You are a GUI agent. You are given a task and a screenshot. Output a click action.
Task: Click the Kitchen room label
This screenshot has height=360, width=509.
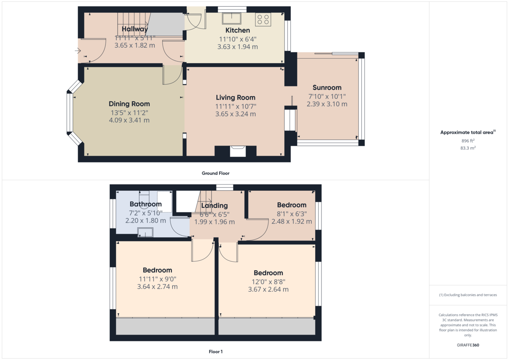[x=238, y=30]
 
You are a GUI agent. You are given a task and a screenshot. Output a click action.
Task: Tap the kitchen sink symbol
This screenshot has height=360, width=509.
[x=232, y=18]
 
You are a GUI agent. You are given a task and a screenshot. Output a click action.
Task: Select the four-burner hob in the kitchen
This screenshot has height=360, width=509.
[x=263, y=20]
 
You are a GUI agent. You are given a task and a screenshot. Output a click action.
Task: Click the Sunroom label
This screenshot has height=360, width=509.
[x=327, y=87]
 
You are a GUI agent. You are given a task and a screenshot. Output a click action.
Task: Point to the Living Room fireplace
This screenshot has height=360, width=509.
[x=238, y=151]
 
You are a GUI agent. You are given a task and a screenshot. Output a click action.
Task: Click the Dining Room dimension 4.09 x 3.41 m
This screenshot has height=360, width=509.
[x=129, y=120]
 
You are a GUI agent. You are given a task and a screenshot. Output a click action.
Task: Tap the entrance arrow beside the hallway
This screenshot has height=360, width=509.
[x=78, y=50]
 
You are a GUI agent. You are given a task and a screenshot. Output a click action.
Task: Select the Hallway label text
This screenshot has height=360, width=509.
[x=135, y=29]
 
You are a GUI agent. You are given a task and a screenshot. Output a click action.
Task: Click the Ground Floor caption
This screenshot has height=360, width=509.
[x=215, y=173]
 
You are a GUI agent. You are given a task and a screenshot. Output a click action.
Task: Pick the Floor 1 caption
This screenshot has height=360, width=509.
[x=215, y=352]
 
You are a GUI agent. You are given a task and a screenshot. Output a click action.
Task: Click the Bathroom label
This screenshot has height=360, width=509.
[x=145, y=204]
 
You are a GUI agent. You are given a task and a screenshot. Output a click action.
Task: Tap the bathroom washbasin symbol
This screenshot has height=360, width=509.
[x=145, y=232]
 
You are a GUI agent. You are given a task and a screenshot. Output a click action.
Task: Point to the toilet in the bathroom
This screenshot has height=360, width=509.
[x=144, y=197]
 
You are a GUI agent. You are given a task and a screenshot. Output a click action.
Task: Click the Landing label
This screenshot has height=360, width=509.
[x=214, y=206]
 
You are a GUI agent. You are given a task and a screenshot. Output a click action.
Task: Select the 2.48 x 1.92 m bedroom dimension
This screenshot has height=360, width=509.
[x=292, y=221]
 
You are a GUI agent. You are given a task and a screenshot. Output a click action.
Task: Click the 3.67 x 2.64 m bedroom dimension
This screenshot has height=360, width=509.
[x=268, y=289]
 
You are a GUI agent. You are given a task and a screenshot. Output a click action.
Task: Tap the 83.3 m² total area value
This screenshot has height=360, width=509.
[x=468, y=148]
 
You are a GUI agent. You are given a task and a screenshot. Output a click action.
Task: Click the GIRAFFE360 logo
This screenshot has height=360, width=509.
[x=468, y=345]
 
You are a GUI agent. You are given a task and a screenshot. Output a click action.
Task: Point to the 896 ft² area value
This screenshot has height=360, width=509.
[x=468, y=141]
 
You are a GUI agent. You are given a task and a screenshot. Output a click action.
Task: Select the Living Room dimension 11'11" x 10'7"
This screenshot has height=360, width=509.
[x=236, y=106]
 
